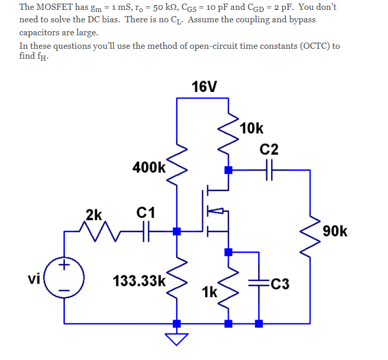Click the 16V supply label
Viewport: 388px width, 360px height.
tap(204, 86)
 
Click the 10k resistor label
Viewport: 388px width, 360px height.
tap(252, 128)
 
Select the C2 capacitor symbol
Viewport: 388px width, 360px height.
tap(269, 169)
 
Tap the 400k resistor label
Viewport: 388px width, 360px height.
tap(149, 167)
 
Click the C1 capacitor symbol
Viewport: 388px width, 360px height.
tap(145, 231)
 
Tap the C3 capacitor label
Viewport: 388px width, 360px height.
tap(280, 284)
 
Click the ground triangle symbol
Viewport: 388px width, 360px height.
tap(177, 339)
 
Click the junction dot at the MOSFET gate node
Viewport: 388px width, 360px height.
tap(177, 231)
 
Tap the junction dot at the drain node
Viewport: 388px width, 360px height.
tap(228, 169)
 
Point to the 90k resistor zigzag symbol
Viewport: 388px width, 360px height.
tap(310, 231)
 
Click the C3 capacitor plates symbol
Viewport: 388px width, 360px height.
tap(258, 284)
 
